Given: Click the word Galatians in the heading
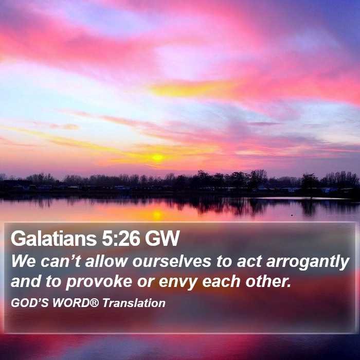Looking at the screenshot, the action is (x=53, y=238).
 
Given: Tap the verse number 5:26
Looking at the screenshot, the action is (x=120, y=238).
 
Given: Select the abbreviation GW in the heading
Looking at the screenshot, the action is (x=162, y=238).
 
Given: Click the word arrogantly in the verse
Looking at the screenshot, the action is (x=308, y=262).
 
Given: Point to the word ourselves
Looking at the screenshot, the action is (x=171, y=261).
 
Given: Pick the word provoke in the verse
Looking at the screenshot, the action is (x=99, y=282).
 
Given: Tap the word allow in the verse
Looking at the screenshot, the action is (x=106, y=261).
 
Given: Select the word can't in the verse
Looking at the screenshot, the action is (x=61, y=261).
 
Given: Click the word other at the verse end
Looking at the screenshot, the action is (x=268, y=281).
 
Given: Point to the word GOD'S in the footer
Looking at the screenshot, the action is (x=30, y=303).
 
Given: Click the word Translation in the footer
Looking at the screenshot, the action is (x=134, y=303).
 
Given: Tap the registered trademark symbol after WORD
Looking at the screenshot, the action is (x=94, y=302).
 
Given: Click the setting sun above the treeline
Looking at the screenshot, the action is (x=157, y=157).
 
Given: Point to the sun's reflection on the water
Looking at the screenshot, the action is (x=157, y=215).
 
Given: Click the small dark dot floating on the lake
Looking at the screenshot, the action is (x=292, y=215).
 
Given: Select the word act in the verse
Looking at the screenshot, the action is (x=249, y=261).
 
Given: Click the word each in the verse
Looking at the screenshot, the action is (x=221, y=281).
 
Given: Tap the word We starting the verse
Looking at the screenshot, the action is (x=24, y=261).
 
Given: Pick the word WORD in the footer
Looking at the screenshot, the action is (x=71, y=303).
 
